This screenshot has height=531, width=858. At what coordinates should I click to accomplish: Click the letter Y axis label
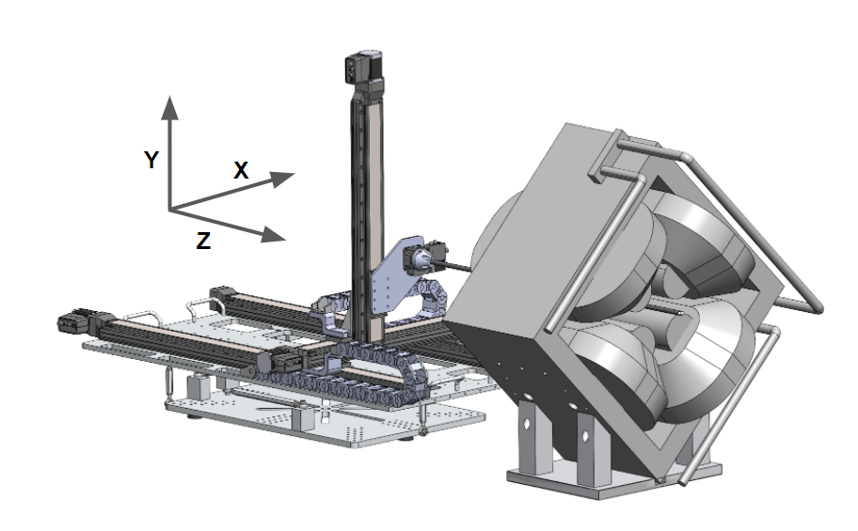click(x=151, y=161)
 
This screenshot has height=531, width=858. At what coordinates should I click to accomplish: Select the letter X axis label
click(x=241, y=171)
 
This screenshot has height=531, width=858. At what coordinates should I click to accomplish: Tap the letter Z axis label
click(x=203, y=241)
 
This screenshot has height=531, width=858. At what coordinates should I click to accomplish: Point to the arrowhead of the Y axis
click(x=169, y=103)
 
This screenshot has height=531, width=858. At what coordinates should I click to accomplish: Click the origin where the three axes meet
click(x=169, y=208)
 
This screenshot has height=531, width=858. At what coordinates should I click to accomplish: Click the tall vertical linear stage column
click(x=367, y=207)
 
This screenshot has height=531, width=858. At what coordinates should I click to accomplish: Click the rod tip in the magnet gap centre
click(x=649, y=305)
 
